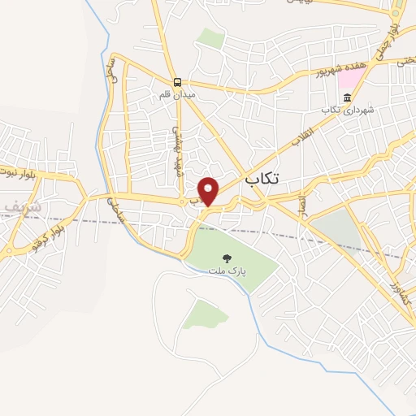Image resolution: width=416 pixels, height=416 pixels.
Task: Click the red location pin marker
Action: (x=210, y=191)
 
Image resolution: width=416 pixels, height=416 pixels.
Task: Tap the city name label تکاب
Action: (x=260, y=180)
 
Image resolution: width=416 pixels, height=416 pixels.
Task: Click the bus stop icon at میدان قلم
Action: (x=177, y=82)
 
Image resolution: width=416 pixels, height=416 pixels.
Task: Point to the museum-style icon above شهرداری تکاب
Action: (x=348, y=97)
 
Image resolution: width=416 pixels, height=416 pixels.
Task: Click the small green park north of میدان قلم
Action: (x=210, y=38)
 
